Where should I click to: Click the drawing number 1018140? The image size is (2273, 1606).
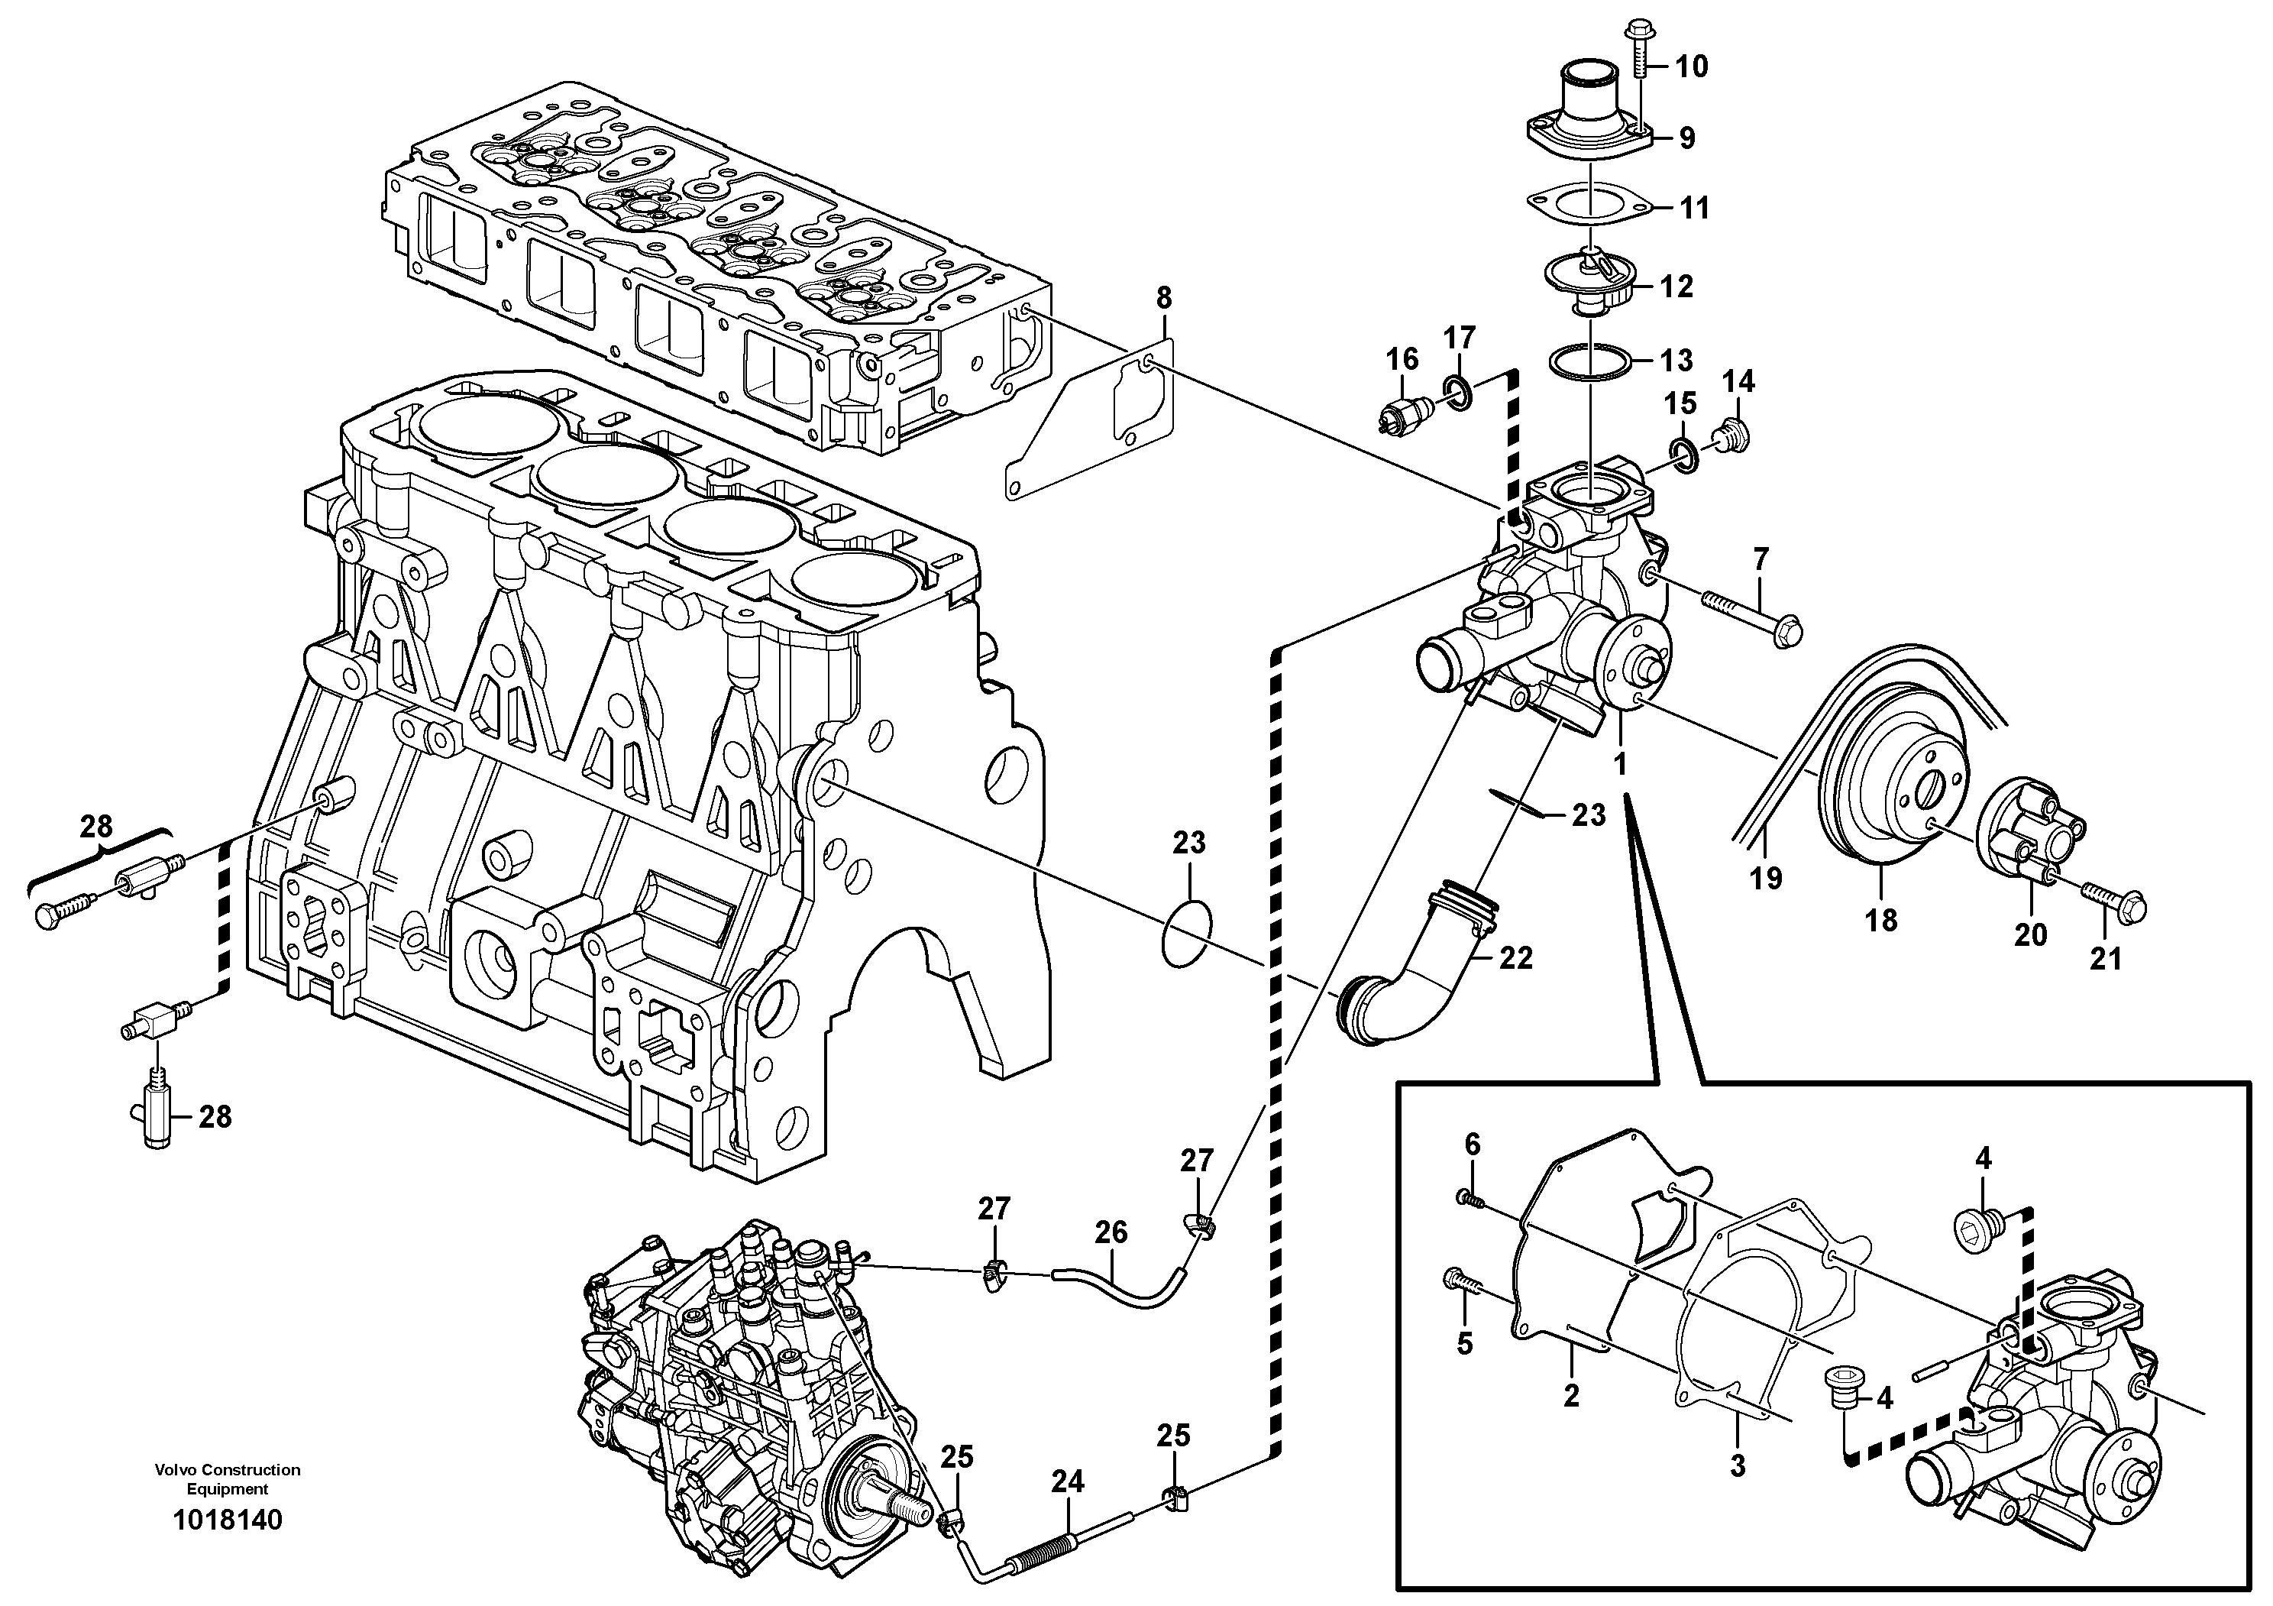[x=228, y=1520]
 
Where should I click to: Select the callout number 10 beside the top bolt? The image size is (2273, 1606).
[x=1692, y=66]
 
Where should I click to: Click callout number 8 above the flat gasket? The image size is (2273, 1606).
[x=1164, y=297]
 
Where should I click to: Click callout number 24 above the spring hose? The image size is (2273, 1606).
[x=1067, y=1482]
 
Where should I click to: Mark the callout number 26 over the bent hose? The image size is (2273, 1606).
[x=1111, y=1232]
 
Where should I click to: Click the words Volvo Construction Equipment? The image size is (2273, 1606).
[x=228, y=1479]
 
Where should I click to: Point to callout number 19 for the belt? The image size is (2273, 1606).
[x=1766, y=877]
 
